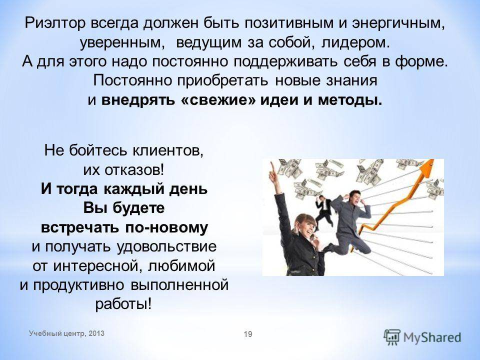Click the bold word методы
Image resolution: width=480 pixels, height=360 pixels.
point(350,100)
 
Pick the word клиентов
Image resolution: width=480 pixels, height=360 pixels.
point(168,150)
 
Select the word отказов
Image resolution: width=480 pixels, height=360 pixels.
point(133,169)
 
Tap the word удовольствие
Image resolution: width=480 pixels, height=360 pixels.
point(167,246)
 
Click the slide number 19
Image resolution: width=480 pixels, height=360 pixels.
point(248,334)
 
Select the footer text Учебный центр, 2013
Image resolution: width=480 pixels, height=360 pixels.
point(66,333)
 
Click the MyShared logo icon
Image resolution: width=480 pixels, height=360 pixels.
point(392,337)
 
